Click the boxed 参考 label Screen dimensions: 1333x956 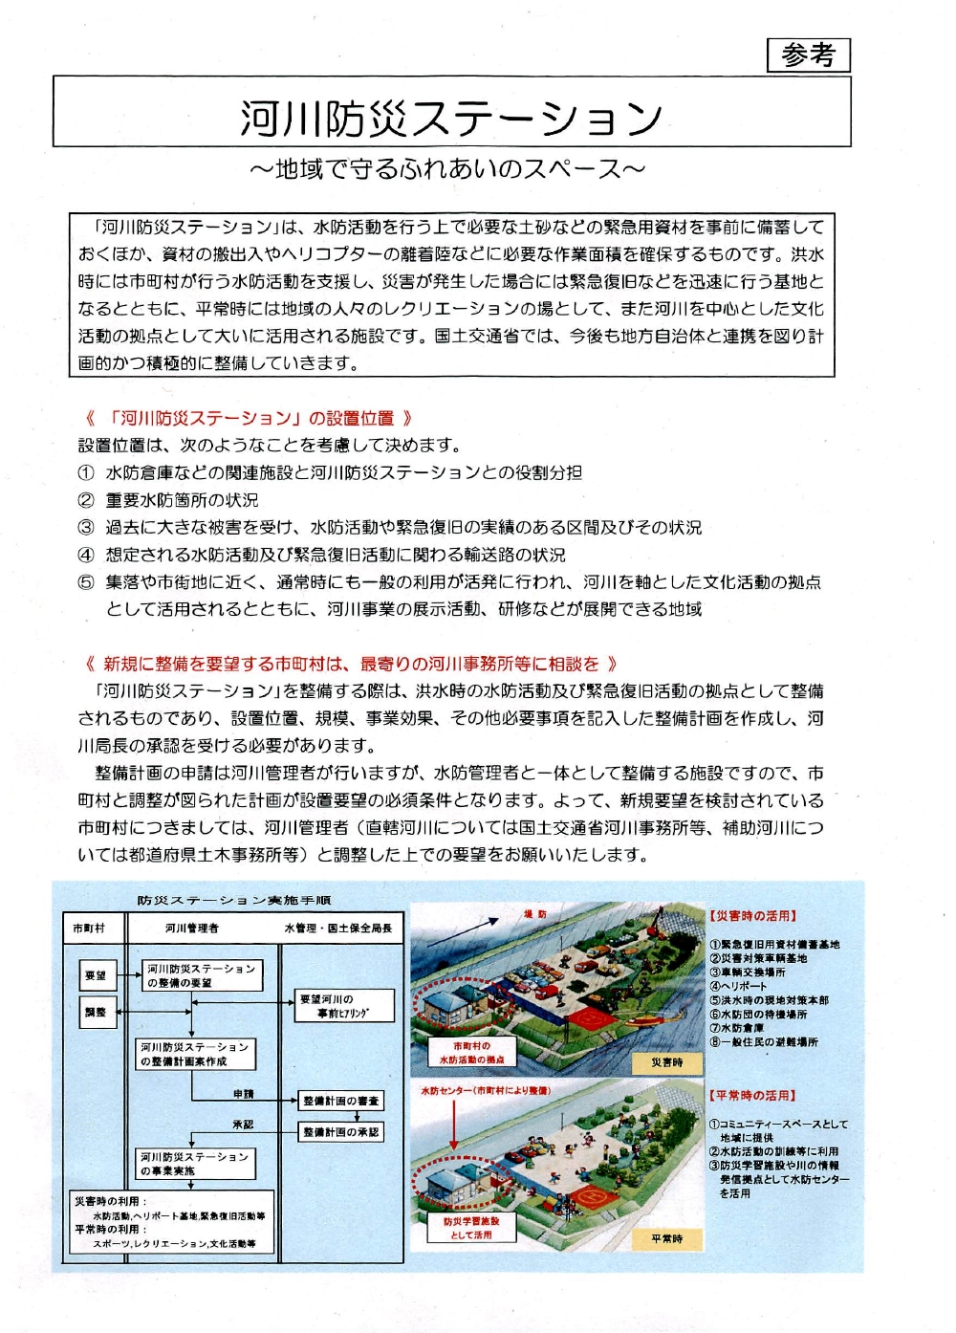pyautogui.click(x=808, y=55)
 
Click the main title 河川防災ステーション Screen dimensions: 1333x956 pyautogui.click(x=450, y=118)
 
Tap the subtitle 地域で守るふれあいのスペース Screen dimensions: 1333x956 pyautogui.click(x=447, y=169)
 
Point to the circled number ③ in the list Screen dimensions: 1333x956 pyautogui.click(x=86, y=527)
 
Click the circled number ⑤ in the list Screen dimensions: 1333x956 pyautogui.click(x=86, y=582)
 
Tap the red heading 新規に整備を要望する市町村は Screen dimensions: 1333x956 pyautogui.click(x=350, y=664)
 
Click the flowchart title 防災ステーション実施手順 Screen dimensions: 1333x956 pyautogui.click(x=234, y=901)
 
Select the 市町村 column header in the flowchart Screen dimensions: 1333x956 pyautogui.click(x=90, y=928)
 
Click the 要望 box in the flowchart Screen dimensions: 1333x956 pyautogui.click(x=97, y=975)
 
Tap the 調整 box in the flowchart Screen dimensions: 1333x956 pyautogui.click(x=97, y=1012)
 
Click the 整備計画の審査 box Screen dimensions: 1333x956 pyautogui.click(x=341, y=1101)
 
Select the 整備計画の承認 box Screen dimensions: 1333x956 pyautogui.click(x=341, y=1132)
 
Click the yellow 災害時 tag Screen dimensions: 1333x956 pyautogui.click(x=667, y=1062)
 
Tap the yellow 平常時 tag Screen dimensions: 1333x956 pyautogui.click(x=667, y=1239)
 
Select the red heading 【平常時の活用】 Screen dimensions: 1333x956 pyautogui.click(x=752, y=1096)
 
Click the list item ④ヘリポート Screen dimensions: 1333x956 pyautogui.click(x=738, y=986)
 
